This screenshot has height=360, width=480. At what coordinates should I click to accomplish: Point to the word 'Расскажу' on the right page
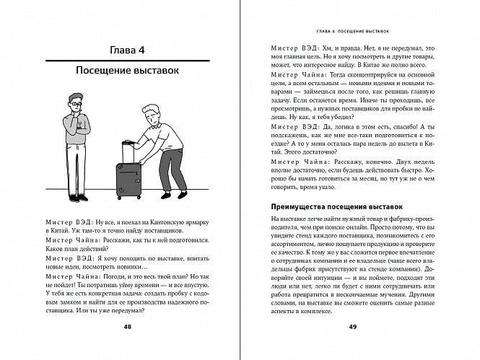point(331,162)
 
